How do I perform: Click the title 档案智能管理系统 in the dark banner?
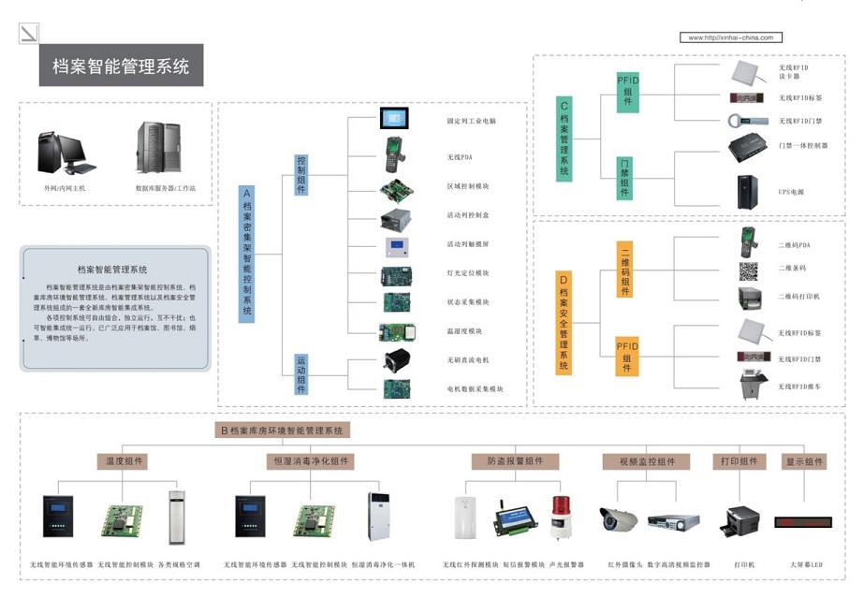121,66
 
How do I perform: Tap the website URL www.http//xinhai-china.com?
730,37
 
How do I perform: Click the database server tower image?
154,149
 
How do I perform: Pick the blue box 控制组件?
301,174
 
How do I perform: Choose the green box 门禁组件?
626,178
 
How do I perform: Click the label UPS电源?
791,192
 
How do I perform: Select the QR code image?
749,271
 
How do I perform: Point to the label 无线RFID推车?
798,386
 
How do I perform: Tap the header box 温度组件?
122,461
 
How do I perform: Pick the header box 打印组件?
739,461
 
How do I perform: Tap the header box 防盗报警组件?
515,461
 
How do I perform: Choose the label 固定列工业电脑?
472,122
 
